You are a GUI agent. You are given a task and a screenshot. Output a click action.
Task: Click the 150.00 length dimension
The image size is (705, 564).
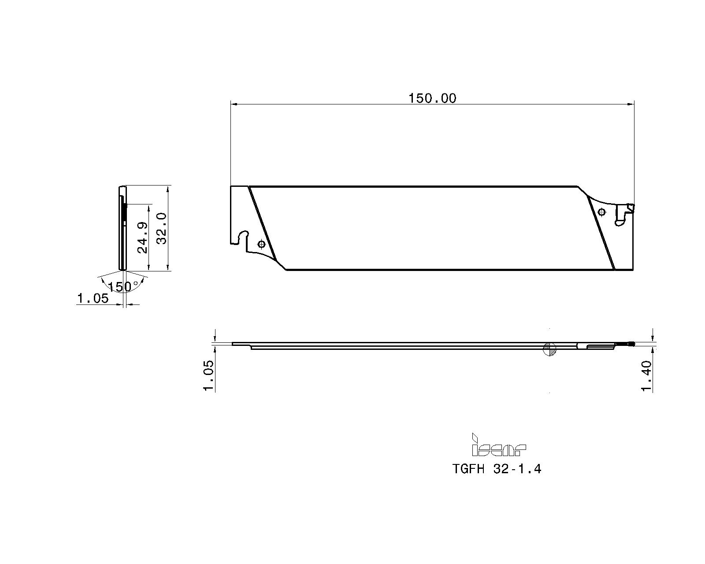[432, 98]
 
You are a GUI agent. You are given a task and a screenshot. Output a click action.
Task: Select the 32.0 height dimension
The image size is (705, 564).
[162, 228]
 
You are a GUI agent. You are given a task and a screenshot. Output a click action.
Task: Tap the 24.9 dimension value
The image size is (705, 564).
[142, 237]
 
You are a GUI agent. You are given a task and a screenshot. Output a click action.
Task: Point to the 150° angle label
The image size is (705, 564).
[120, 287]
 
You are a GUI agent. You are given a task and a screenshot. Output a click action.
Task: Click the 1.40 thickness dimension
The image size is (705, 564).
[646, 376]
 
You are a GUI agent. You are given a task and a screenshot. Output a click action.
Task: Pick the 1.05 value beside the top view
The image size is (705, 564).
[208, 376]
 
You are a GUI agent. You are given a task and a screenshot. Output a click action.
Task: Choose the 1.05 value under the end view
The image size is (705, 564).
[93, 299]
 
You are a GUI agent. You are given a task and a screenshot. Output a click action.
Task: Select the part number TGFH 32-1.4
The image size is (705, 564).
[497, 469]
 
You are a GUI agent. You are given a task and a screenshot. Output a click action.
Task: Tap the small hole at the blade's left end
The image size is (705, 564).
[261, 243]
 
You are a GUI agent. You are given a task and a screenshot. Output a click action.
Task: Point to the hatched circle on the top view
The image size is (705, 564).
[549, 349]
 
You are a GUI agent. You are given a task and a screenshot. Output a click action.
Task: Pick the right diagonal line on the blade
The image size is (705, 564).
[601, 234]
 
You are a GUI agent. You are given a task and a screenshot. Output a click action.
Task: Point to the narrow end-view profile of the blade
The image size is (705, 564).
[122, 228]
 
